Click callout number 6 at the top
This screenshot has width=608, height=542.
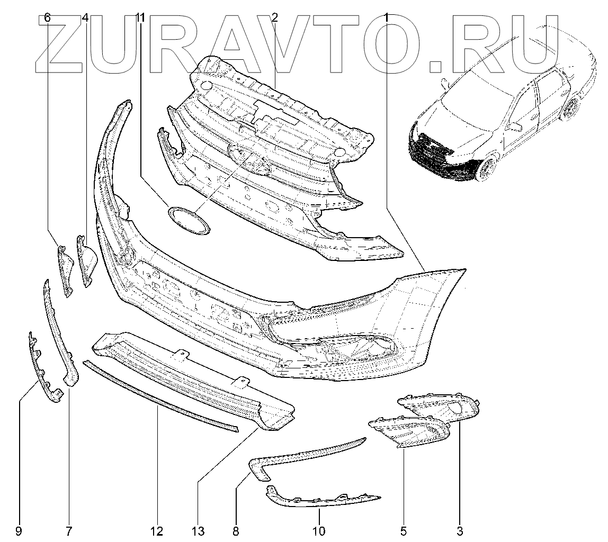click(x=47, y=18)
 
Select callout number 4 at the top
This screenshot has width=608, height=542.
click(x=85, y=18)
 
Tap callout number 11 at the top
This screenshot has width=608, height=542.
click(x=140, y=18)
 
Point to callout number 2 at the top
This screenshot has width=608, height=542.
click(x=275, y=18)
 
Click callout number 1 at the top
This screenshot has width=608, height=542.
click(x=387, y=18)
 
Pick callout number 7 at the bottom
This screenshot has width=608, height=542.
click(x=69, y=530)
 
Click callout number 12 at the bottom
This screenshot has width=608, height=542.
click(x=157, y=530)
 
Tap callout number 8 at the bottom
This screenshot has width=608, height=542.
click(x=236, y=530)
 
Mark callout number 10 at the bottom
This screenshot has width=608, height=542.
click(x=319, y=530)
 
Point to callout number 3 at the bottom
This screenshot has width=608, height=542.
click(x=459, y=530)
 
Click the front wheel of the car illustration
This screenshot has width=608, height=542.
click(x=486, y=168)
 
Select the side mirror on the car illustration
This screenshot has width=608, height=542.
click(x=514, y=126)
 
